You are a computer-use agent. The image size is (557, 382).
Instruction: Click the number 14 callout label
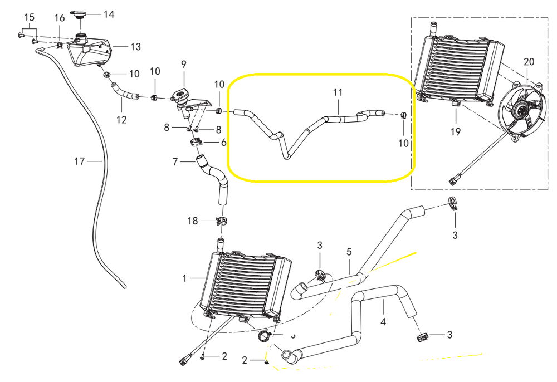[109, 14]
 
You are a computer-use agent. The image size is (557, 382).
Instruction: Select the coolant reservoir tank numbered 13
[90, 51]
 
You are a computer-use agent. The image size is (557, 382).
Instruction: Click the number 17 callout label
[79, 161]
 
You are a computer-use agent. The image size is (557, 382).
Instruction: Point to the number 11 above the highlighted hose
[338, 91]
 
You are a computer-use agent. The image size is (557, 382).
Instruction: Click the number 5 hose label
[349, 251]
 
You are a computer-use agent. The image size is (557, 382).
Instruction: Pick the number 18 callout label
[193, 221]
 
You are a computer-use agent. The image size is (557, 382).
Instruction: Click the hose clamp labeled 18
[221, 222]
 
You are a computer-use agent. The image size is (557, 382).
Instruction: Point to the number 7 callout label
[175, 162]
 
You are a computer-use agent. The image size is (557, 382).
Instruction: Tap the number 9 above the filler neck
[183, 64]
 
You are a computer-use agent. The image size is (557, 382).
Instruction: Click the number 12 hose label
[121, 119]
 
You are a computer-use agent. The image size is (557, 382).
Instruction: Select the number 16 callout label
[60, 18]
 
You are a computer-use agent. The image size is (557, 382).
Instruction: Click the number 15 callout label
[29, 18]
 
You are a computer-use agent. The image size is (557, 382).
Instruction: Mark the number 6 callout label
[224, 143]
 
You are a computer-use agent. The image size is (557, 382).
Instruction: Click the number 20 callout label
[529, 61]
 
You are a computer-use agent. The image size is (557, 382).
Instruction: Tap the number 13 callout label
[136, 47]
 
